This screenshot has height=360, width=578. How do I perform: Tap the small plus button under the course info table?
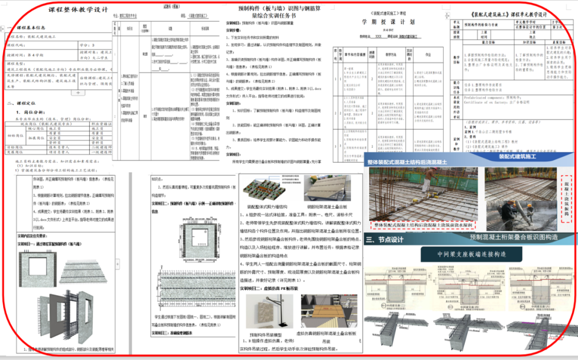pyautogui.click(x=79, y=93)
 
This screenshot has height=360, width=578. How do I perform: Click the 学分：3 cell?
pyautogui.click(x=86, y=45)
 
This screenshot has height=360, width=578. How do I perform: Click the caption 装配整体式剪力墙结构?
pyautogui.click(x=266, y=205)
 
